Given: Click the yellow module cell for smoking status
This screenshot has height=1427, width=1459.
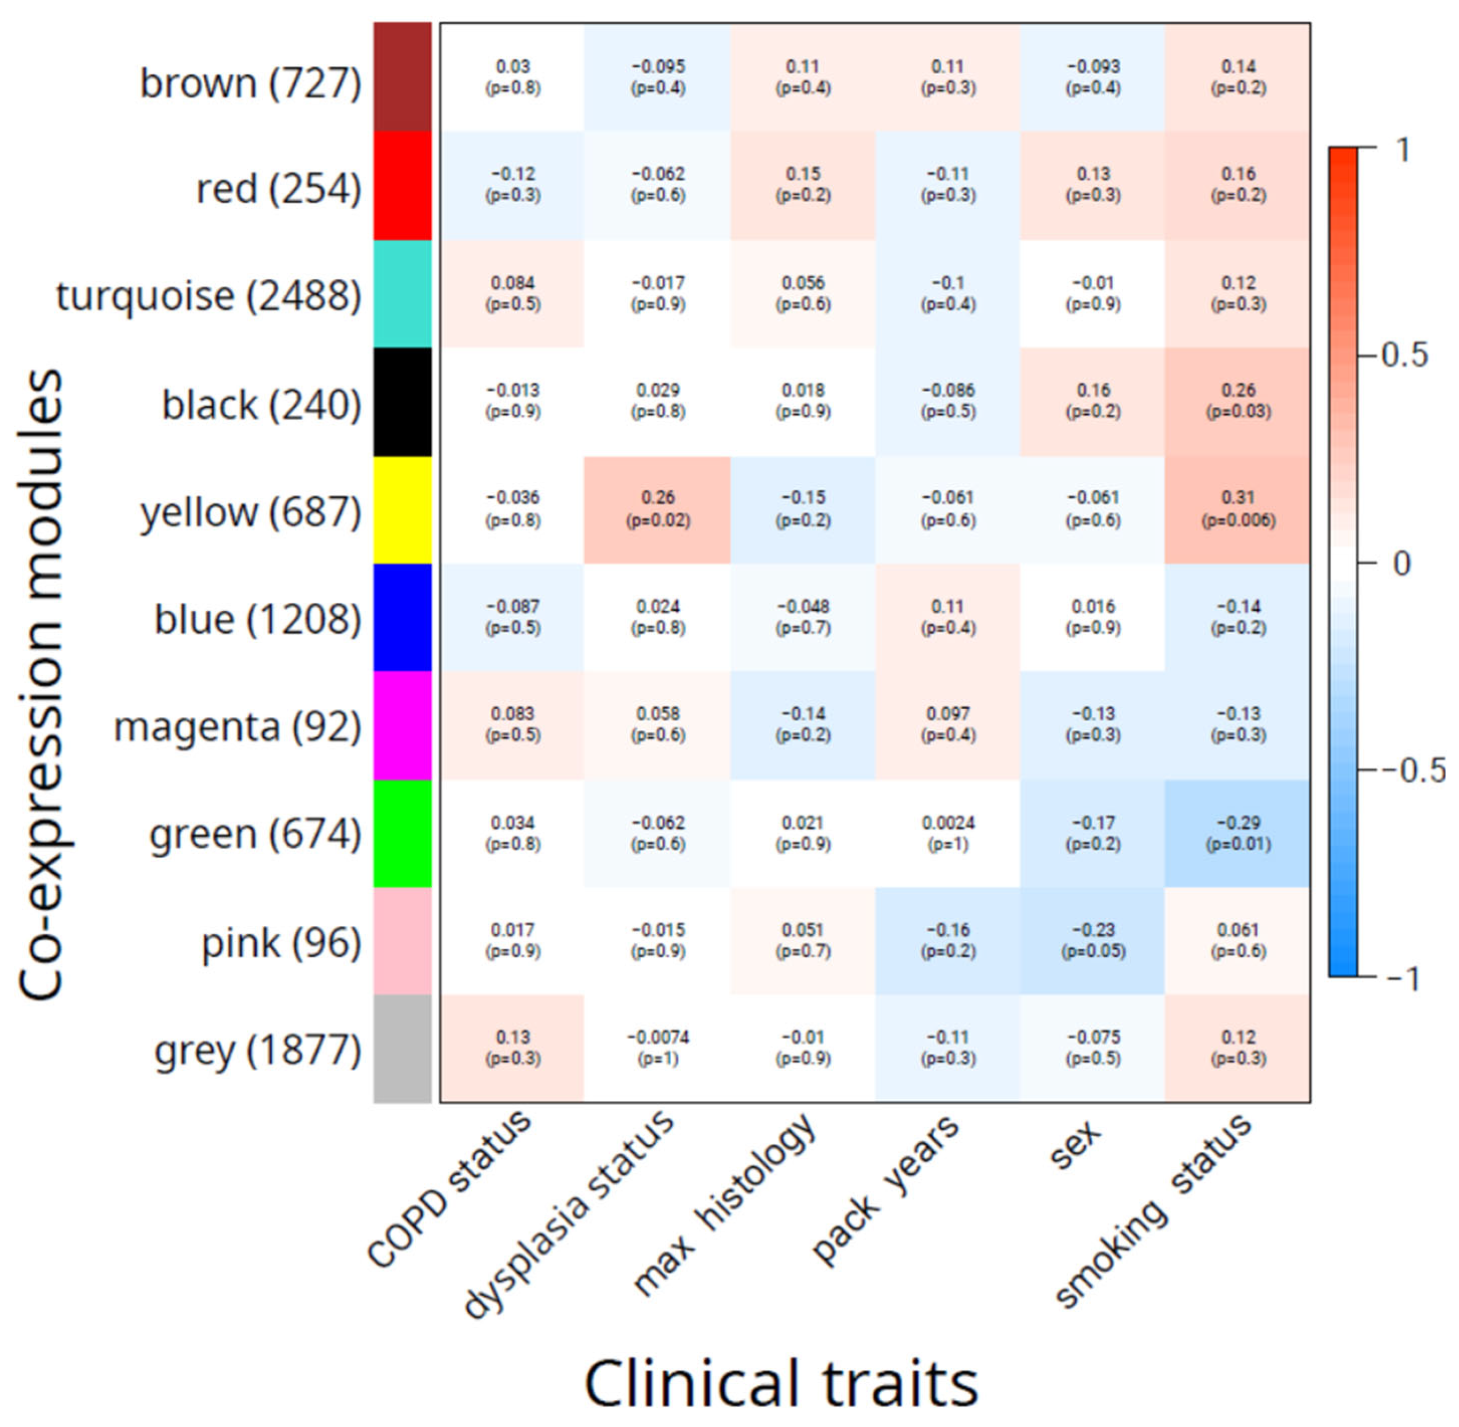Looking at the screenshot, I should point(1237,510).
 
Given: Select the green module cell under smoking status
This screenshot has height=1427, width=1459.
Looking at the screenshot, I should point(1237,833).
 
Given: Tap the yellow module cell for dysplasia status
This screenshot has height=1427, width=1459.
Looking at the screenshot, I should point(657,510).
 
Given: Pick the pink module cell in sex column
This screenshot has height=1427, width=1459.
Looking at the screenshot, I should point(1093,941).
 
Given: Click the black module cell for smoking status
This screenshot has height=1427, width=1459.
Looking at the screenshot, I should point(1237,401).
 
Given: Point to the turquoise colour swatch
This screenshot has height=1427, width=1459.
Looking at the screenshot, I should point(403,294).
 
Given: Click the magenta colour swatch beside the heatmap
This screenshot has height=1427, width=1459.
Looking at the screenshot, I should point(403,726).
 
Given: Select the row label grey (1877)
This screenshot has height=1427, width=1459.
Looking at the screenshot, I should point(257,1049).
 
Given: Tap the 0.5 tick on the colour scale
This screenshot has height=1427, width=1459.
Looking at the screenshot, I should point(1403,355).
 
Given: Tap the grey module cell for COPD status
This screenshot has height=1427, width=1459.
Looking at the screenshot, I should point(512,1048).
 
